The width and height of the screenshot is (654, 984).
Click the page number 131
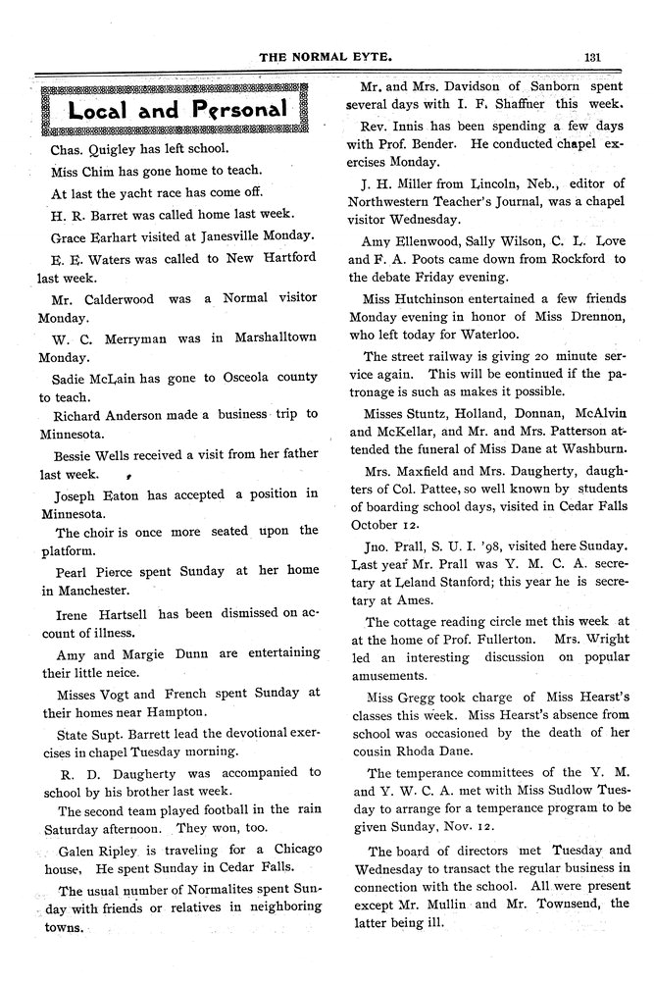click(591, 57)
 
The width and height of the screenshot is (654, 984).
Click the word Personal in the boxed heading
click(230, 108)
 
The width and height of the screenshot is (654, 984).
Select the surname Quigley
click(119, 150)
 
